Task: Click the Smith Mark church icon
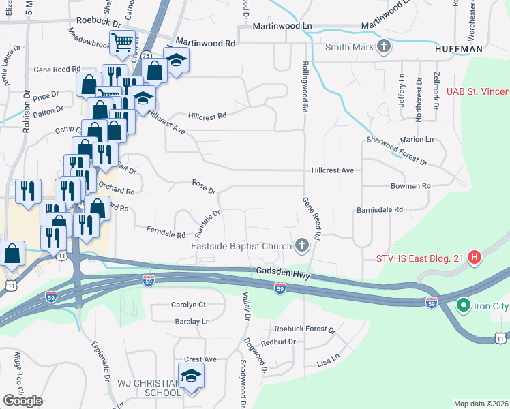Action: click(384, 47)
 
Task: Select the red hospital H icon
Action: click(476, 258)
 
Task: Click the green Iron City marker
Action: click(464, 305)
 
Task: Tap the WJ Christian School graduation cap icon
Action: click(191, 376)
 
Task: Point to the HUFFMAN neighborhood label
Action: click(460, 49)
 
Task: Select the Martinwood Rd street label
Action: click(205, 43)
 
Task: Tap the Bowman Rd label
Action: click(410, 185)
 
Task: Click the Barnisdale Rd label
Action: click(380, 210)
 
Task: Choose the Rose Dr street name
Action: click(204, 185)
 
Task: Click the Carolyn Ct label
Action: click(188, 305)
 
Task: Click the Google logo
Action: click(22, 401)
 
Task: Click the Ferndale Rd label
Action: click(166, 232)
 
